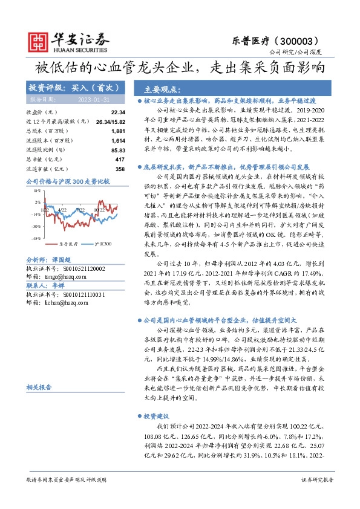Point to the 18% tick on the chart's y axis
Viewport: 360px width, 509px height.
click(x=36, y=190)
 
